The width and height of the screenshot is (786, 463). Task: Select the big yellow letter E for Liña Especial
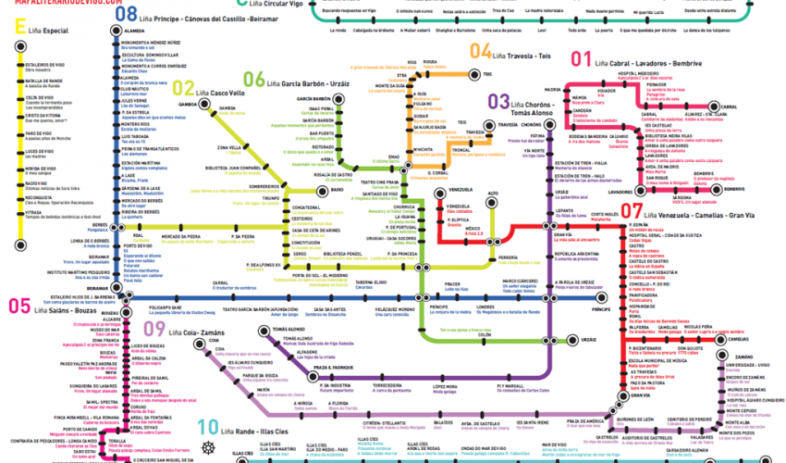[x=18, y=31]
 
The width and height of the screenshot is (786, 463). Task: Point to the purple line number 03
[x=498, y=101]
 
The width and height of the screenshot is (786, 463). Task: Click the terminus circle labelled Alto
[x=493, y=194]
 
